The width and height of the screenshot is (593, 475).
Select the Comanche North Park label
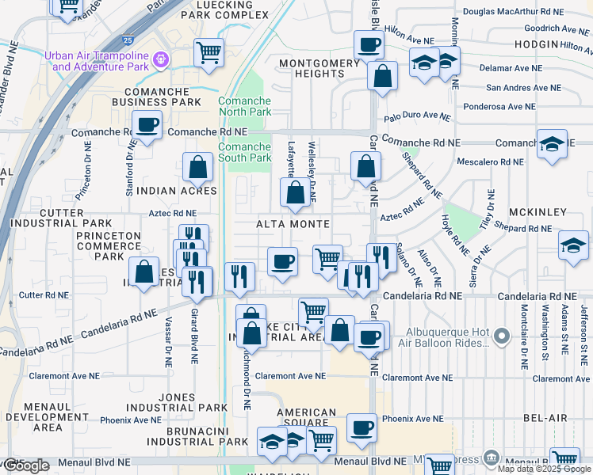tap(245, 107)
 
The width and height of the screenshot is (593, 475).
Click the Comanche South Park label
tap(245, 152)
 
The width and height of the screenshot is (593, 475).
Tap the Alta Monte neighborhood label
tap(293, 224)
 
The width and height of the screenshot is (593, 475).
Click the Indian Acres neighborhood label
tap(177, 191)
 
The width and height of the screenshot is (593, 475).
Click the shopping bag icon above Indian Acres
tap(197, 167)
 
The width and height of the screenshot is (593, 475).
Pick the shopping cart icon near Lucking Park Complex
tap(209, 53)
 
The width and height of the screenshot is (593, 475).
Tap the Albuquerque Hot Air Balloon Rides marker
tap(501, 338)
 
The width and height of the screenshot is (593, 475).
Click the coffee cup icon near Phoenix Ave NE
tap(362, 428)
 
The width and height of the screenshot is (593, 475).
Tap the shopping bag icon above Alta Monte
tap(295, 192)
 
